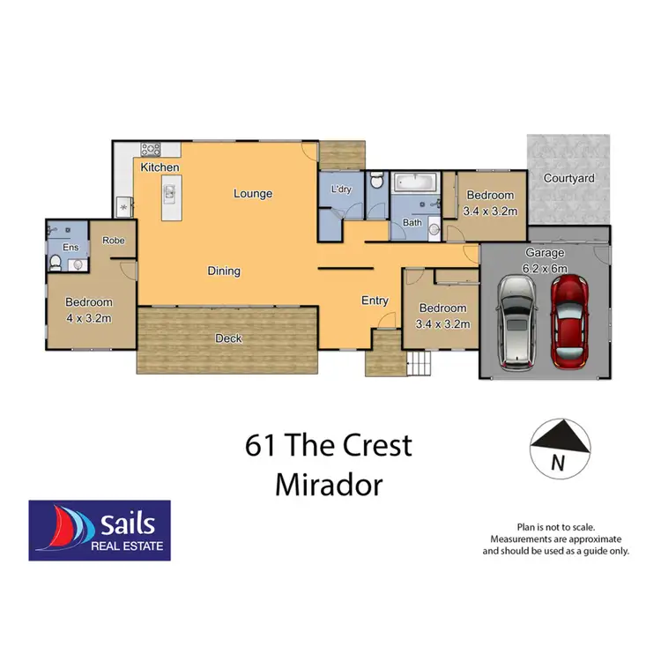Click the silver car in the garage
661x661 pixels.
516,323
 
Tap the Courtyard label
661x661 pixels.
568,178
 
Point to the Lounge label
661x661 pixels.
253,194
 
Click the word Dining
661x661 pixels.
224,271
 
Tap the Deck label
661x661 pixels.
229,338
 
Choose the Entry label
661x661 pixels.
375,301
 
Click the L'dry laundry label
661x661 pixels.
340,190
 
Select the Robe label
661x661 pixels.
112,240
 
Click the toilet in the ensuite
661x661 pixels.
56,262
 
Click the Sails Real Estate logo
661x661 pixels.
99,530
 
